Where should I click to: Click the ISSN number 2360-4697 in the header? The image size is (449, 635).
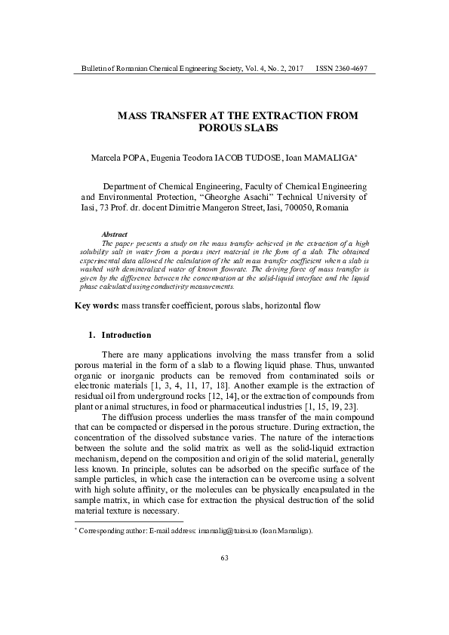point(352,69)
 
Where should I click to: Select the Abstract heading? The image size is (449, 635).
point(114,235)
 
